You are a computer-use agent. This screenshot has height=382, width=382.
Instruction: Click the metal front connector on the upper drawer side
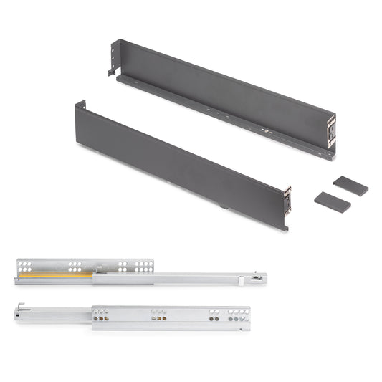point(330,132)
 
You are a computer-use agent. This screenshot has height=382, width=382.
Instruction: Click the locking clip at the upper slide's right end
point(257,275)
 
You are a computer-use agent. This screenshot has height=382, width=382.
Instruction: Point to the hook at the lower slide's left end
point(21,309)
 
